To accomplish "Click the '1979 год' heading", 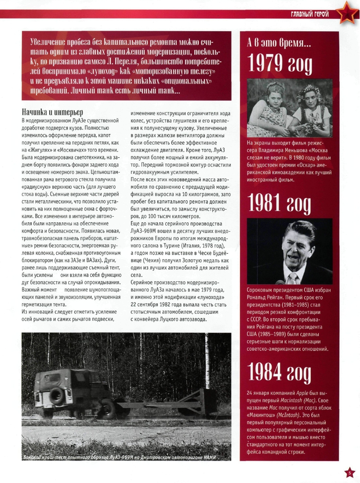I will pyautogui.click(x=280, y=64).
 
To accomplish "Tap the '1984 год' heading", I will pyautogui.click(x=280, y=372).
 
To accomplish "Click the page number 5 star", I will pyautogui.click(x=349, y=473).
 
